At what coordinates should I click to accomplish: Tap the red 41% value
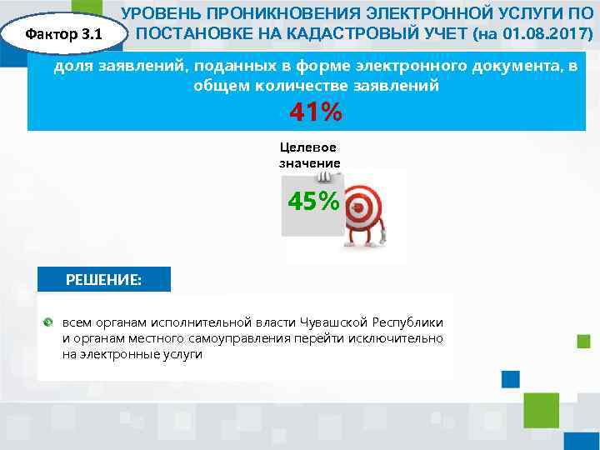coord(315,112)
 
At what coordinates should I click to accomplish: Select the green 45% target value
coord(313,202)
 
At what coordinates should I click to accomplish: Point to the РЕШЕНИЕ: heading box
coord(104,279)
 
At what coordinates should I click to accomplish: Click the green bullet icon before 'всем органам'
coord(49,322)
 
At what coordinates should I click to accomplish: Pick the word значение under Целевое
coord(309,162)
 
